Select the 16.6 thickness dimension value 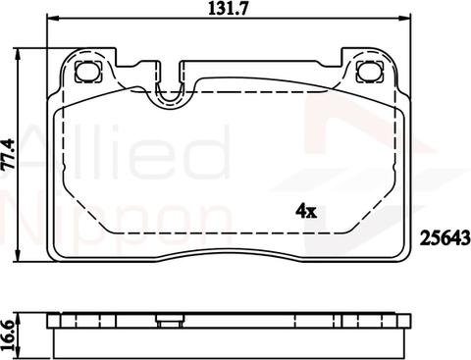(x=9, y=331)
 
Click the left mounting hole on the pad (x=85, y=71)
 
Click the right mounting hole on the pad (x=371, y=71)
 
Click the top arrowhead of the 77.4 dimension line (x=22, y=51)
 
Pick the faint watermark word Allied (x=118, y=147)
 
